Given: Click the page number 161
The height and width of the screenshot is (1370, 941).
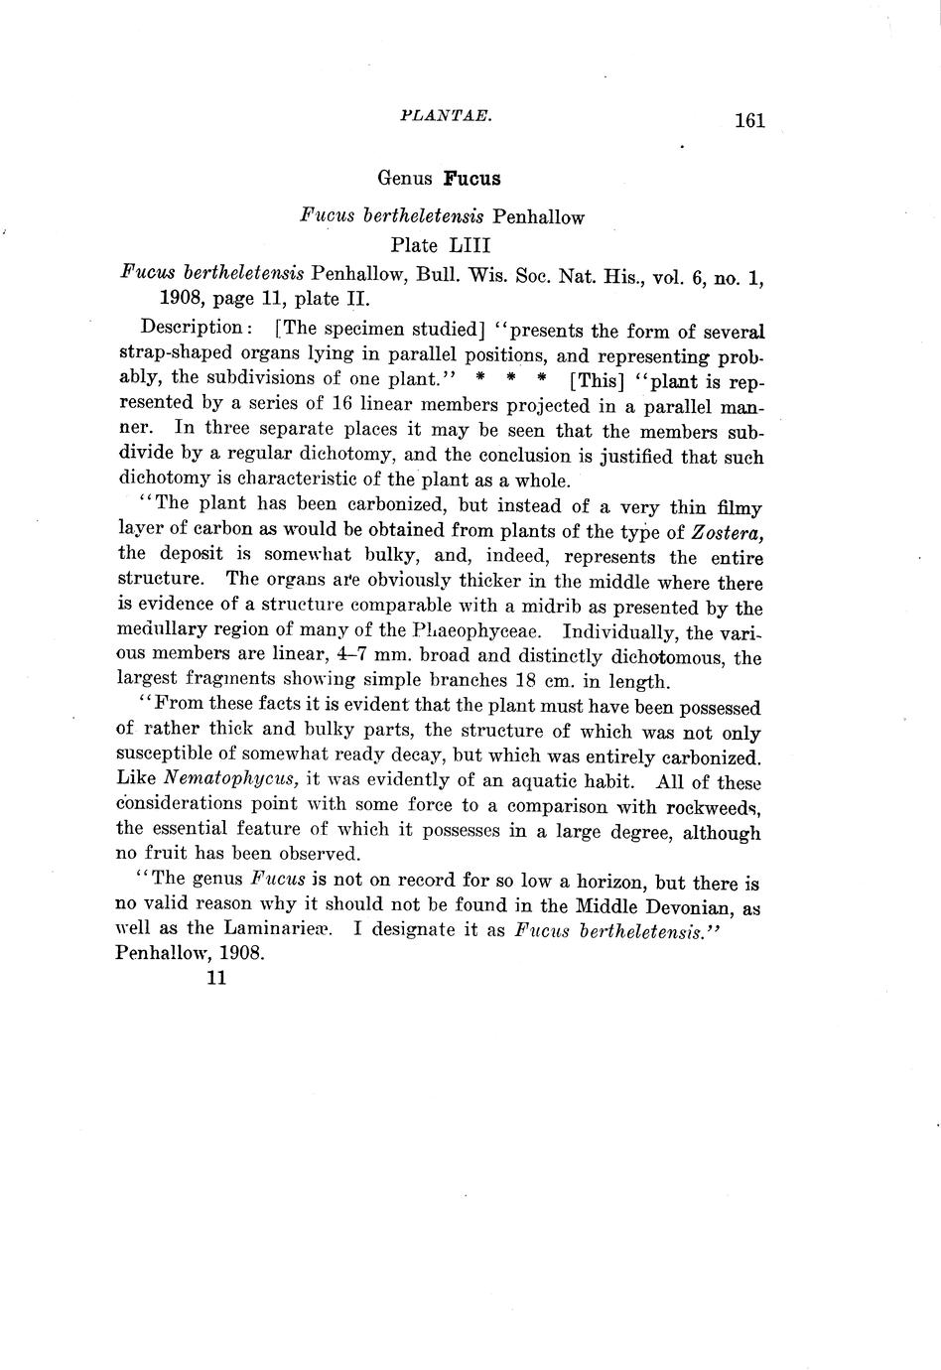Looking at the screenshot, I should [749, 121].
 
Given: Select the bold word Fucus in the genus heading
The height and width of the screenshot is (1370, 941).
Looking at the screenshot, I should [471, 179].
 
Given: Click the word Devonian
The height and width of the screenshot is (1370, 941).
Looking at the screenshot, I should [693, 906].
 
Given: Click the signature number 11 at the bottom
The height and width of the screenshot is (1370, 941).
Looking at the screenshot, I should [217, 978].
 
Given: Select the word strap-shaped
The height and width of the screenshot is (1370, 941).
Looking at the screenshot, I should [171, 353].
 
